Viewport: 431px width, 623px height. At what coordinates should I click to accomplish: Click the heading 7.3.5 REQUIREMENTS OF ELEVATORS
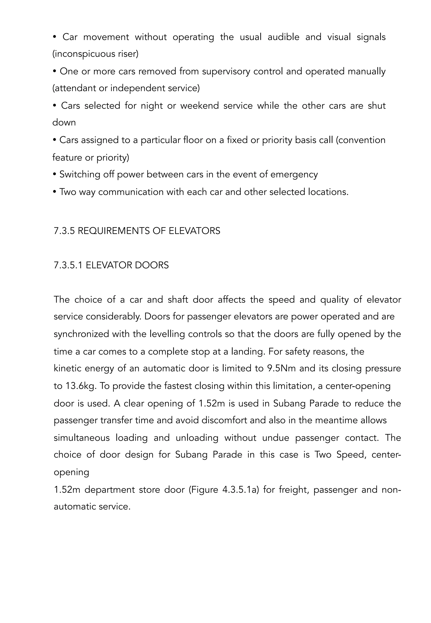tap(137, 231)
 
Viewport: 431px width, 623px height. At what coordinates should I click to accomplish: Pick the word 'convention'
tap(362, 140)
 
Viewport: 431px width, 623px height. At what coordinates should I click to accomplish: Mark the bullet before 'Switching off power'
tap(55, 175)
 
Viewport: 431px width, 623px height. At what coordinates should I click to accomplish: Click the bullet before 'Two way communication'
tap(55, 192)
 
